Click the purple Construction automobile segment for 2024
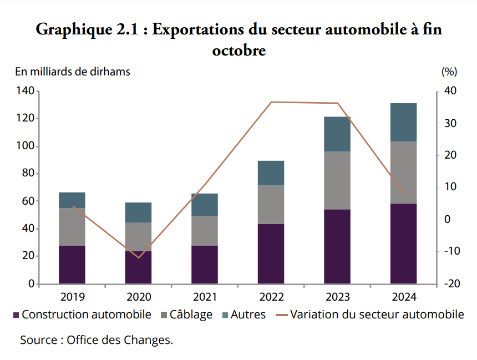click(403, 244)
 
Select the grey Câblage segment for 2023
click(337, 180)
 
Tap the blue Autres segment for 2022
click(271, 173)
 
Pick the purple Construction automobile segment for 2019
click(72, 265)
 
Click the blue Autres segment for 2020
click(138, 212)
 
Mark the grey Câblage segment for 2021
click(205, 231)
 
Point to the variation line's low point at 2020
click(139, 257)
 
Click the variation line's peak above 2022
click(271, 102)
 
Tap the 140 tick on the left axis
click(26, 91)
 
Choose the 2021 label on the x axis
click(205, 296)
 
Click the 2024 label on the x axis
click(403, 296)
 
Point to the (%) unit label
click(449, 72)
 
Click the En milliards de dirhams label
click(73, 72)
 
